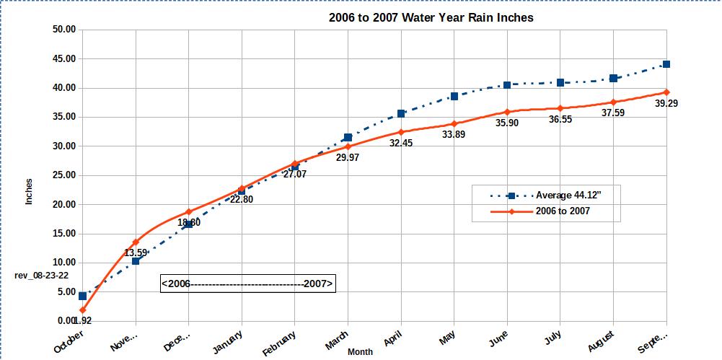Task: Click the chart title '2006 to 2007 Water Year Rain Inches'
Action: [431, 17]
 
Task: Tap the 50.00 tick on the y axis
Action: [64, 30]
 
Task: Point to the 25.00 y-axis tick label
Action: [64, 175]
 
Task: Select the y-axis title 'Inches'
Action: [30, 191]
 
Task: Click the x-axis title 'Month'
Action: [361, 351]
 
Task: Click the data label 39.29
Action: [666, 104]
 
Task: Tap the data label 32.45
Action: [400, 144]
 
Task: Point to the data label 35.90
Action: [507, 123]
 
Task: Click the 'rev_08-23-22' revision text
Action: [42, 276]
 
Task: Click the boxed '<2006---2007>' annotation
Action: [248, 284]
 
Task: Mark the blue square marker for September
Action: [666, 64]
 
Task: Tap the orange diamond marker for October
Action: [83, 310]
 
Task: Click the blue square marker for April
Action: [401, 113]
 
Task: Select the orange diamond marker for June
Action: [507, 112]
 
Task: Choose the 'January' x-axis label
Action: [228, 341]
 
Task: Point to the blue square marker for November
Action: [136, 261]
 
